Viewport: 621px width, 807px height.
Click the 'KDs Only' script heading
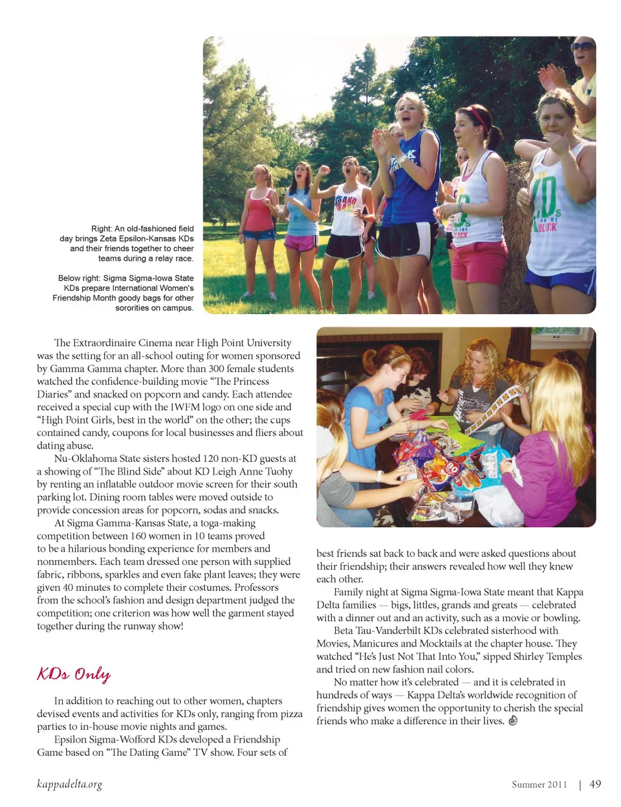pos(74,674)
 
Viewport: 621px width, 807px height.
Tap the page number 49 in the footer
pos(595,784)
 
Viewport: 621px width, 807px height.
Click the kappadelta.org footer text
pos(69,785)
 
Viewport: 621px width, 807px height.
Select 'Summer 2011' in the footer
pos(539,785)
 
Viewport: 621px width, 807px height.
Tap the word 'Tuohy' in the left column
pos(279,472)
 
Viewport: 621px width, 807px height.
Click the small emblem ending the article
pos(513,721)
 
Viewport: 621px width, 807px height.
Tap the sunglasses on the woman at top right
pos(582,47)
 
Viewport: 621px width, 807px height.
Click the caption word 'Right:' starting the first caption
pos(102,229)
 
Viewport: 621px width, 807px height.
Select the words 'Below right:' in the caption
pos(79,278)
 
